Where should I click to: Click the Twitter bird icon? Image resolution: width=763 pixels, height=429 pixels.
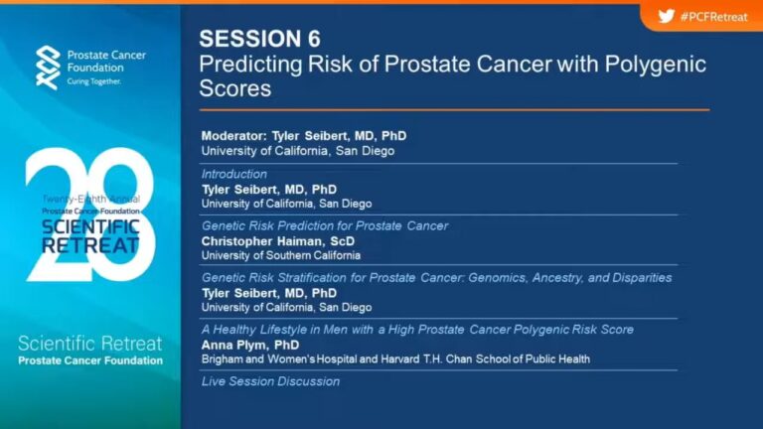(x=667, y=16)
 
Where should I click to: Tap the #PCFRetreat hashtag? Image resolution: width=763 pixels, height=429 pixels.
(x=714, y=17)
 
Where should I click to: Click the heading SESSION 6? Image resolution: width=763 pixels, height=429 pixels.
(x=260, y=39)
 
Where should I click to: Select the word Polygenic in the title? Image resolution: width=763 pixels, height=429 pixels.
(x=655, y=65)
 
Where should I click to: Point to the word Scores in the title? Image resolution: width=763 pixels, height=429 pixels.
(x=235, y=88)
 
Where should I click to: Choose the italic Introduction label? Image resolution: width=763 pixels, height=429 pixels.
(x=234, y=174)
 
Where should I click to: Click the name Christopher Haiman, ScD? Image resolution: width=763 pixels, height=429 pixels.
(x=278, y=241)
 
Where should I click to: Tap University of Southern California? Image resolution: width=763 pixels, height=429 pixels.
(x=281, y=255)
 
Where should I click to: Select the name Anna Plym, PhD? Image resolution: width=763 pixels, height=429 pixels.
(x=250, y=345)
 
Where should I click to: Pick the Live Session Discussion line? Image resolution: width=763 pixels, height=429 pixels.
(x=270, y=381)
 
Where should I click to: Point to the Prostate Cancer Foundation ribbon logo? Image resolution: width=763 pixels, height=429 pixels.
(x=48, y=68)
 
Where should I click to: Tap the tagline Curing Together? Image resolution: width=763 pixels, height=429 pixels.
(x=94, y=81)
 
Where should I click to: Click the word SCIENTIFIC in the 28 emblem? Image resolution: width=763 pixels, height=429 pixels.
(x=90, y=227)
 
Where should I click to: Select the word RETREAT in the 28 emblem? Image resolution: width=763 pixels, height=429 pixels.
(x=90, y=245)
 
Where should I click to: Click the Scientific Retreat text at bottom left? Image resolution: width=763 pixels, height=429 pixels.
(x=90, y=344)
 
